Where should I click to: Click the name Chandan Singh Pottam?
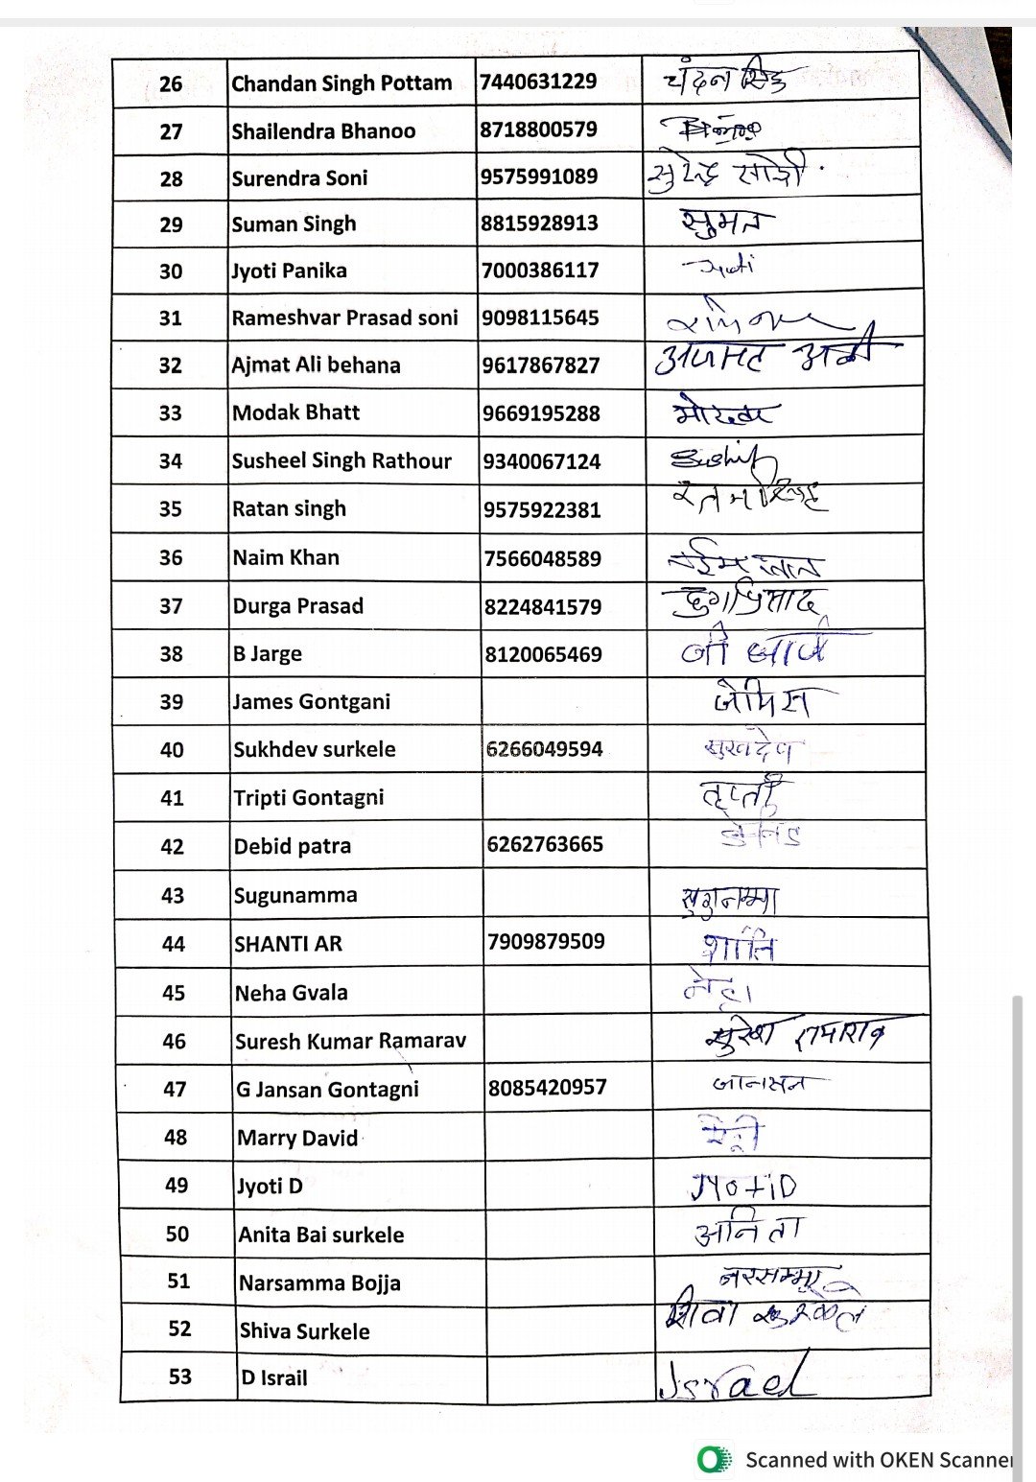341,83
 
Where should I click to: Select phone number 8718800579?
538,129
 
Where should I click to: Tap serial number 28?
171,178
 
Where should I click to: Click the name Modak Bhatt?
295,412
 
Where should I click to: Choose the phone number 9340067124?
541,461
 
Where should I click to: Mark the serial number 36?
171,557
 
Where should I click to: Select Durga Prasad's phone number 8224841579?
543,606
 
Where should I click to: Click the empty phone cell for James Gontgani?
564,701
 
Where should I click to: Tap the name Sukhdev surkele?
315,749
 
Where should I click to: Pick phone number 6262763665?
545,844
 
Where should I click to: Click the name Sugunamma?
295,895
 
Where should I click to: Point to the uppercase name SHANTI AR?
288,944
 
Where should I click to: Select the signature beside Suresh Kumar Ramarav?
794,1036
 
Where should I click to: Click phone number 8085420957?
547,1088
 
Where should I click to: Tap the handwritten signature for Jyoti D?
743,1188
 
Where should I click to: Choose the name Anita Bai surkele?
321,1235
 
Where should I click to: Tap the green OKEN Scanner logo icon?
713,1460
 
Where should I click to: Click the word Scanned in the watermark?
786,1460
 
